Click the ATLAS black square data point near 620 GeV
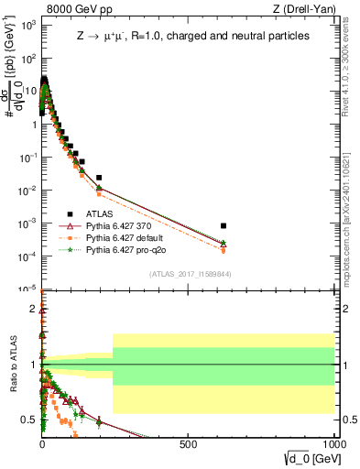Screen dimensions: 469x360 click(224, 225)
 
